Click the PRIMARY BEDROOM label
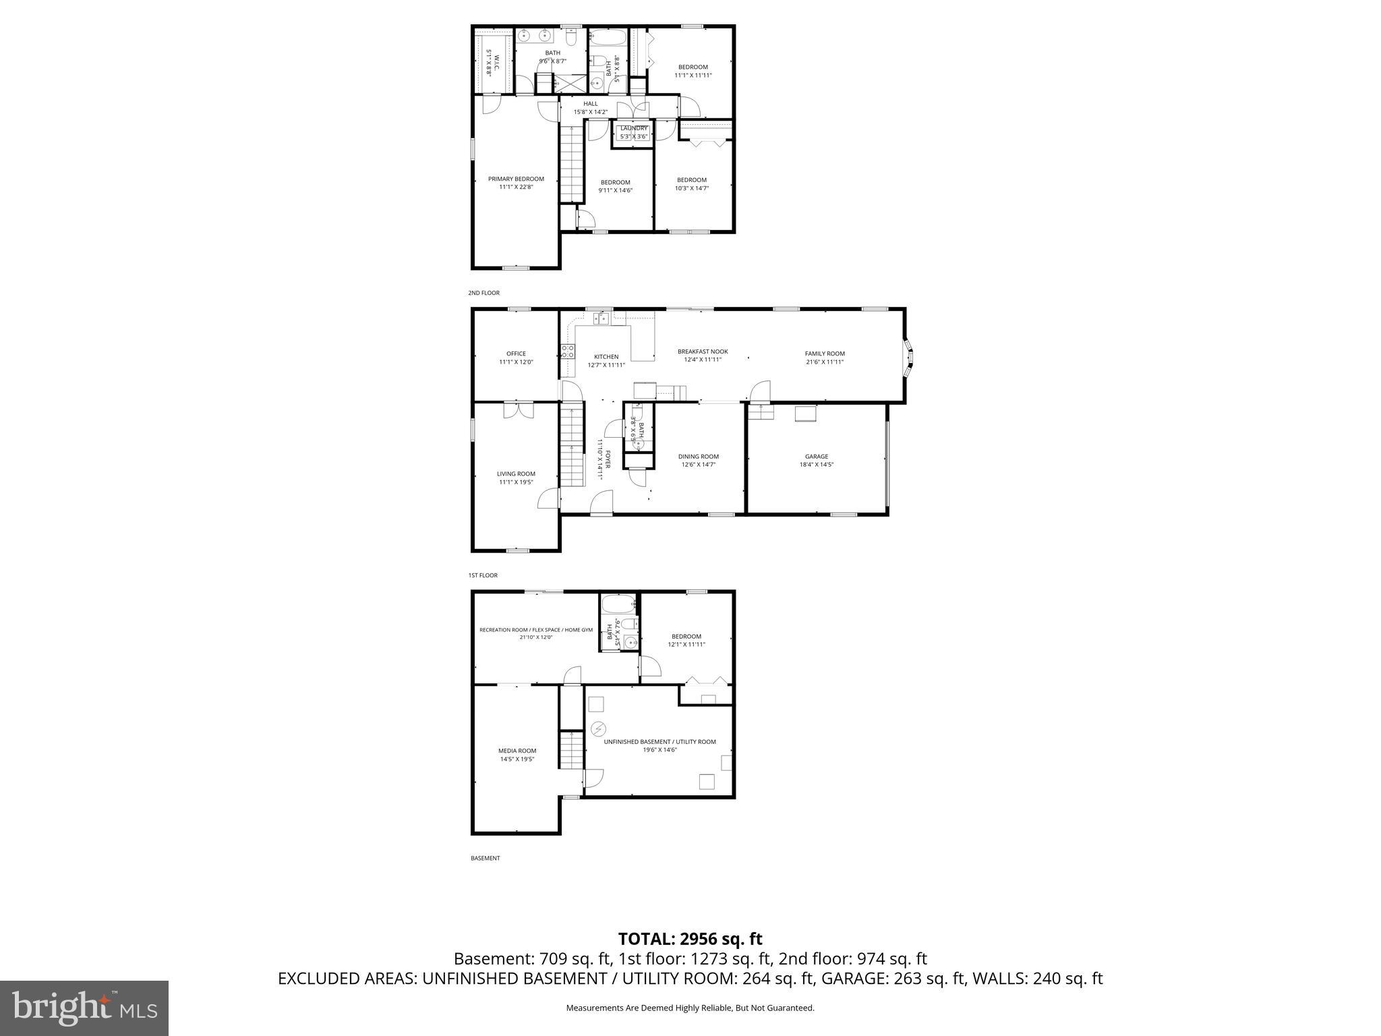[516, 179]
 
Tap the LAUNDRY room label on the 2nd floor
[634, 128]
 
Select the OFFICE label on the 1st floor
[516, 353]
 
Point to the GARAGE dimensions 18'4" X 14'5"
[817, 465]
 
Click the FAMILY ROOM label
[825, 353]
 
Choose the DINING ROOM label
[699, 457]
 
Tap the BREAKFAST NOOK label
[703, 351]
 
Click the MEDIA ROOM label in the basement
[517, 751]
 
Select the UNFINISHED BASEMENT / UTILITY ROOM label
[659, 742]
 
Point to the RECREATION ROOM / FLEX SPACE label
[536, 630]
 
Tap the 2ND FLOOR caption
[484, 293]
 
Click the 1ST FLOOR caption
[483, 575]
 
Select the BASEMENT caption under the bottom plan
[485, 858]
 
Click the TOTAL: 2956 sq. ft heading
[690, 939]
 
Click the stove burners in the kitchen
[568, 351]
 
